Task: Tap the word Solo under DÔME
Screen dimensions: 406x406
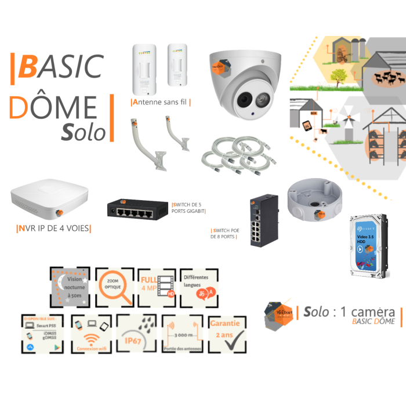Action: point(85,132)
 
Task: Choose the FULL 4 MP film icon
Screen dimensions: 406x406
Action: point(157,287)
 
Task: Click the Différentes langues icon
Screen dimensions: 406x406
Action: point(201,287)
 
